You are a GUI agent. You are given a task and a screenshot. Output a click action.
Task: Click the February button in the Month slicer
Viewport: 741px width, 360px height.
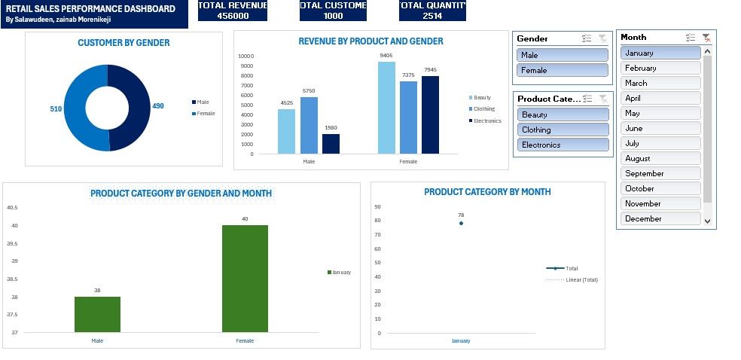[x=660, y=68]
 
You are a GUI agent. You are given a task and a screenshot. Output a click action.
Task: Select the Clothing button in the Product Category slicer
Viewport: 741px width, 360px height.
[x=563, y=130]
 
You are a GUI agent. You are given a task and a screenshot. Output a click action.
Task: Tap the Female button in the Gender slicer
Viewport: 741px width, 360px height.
[x=563, y=70]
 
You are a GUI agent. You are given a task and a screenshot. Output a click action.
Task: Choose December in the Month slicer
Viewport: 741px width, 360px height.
[x=660, y=218]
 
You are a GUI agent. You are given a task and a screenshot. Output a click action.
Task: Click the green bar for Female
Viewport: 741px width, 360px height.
[x=245, y=279]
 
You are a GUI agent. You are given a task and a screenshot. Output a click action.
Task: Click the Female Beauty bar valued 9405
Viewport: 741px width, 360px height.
[x=386, y=108]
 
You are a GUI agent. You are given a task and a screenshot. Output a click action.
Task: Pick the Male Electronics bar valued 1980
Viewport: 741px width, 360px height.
[x=331, y=144]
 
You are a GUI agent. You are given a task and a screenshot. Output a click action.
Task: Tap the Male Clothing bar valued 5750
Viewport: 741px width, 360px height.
[x=309, y=125]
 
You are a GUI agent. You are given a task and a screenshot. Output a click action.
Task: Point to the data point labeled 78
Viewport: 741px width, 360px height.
[x=461, y=224]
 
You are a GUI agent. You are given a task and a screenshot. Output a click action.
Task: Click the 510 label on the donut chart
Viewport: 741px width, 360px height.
[x=56, y=109]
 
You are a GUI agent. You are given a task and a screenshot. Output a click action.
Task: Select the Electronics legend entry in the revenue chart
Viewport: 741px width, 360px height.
[x=486, y=121]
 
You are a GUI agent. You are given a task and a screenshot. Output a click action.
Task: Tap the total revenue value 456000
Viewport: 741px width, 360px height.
[x=233, y=16]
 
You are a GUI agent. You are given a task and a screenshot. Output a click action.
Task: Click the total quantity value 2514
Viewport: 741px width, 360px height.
[x=432, y=16]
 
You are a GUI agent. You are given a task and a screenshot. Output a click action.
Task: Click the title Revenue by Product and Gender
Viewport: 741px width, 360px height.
[x=370, y=41]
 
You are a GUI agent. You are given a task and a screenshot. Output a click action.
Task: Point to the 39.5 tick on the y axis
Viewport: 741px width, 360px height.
[x=12, y=243]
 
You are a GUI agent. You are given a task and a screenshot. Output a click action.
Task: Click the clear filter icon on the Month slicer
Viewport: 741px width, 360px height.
[x=706, y=37]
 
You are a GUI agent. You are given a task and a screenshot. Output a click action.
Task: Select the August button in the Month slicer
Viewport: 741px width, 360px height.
[x=660, y=158]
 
